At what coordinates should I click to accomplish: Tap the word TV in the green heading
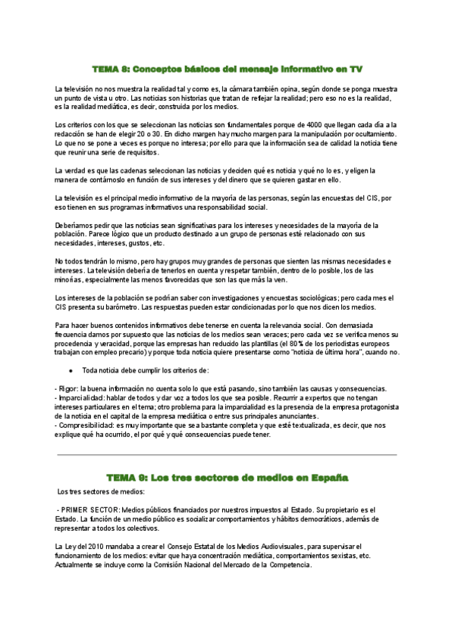[x=354, y=69]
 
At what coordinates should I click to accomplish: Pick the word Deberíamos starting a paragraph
[x=75, y=226]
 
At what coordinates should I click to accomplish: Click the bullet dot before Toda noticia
[x=71, y=370]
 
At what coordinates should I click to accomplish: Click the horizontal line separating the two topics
[x=227, y=455]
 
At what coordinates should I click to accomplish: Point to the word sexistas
[x=337, y=555]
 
